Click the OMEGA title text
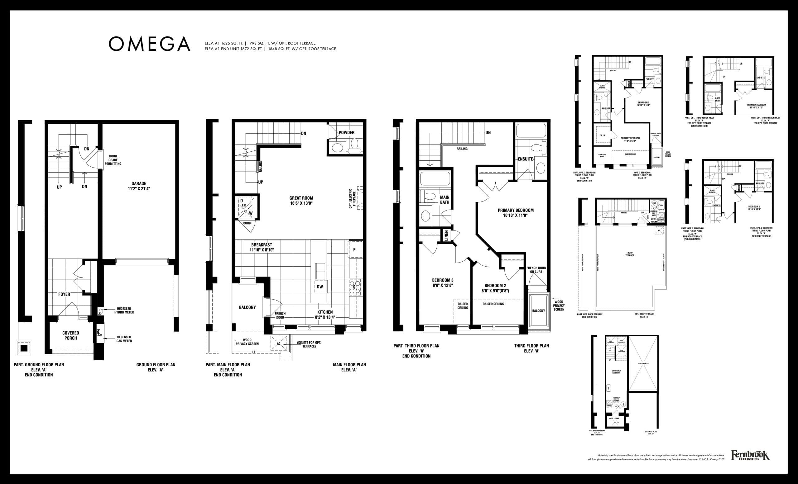[x=149, y=44]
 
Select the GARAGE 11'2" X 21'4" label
[x=139, y=186]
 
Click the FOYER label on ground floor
[x=64, y=294]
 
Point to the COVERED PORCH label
[x=70, y=335]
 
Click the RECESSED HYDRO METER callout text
[x=124, y=310]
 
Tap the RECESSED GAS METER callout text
[x=124, y=339]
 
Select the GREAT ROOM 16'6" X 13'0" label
[x=301, y=201]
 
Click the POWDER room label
[x=347, y=132]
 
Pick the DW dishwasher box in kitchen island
[x=320, y=287]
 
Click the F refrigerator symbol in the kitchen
[x=354, y=250]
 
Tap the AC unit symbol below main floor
[x=279, y=343]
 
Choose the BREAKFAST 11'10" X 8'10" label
[x=262, y=248]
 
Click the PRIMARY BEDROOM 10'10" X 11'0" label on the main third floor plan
[x=516, y=212]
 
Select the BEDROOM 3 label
[x=442, y=282]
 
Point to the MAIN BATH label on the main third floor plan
[x=444, y=200]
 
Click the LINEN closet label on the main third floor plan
[x=446, y=235]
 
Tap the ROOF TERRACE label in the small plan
[x=630, y=254]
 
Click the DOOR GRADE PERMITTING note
[x=113, y=160]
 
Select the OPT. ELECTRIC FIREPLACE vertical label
[x=352, y=198]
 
